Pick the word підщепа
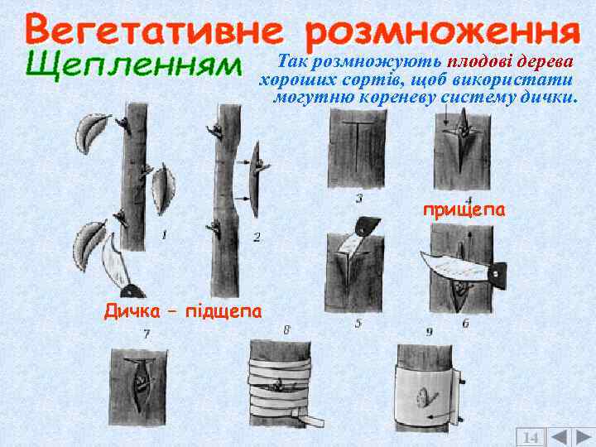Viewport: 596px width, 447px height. tap(223, 312)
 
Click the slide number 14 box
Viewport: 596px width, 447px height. tap(530, 436)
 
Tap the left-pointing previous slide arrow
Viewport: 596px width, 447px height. tap(559, 436)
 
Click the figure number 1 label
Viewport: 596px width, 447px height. tap(164, 235)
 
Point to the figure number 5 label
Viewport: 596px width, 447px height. tap(358, 324)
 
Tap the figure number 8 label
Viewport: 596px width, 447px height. tap(286, 330)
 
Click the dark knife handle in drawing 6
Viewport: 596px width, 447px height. tap(497, 274)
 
